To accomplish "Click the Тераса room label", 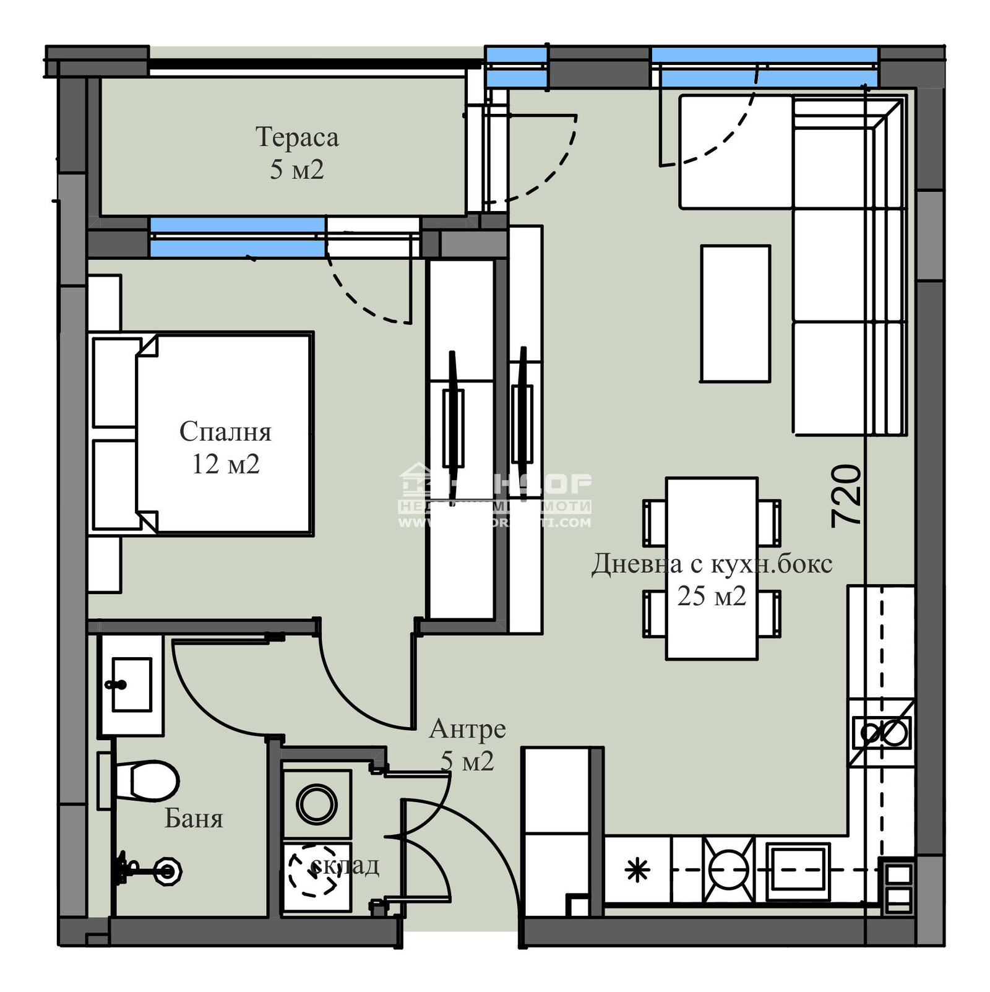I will [x=297, y=137].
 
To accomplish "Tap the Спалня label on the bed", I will [x=225, y=432].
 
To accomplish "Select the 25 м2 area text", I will [x=712, y=596].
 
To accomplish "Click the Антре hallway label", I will [x=467, y=729].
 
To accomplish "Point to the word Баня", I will [x=193, y=819].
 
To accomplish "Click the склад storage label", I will [x=345, y=865].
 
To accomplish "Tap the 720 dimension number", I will [x=846, y=496].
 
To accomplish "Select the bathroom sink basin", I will [x=132, y=684].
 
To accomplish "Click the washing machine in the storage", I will [x=317, y=804].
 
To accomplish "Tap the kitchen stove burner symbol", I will [x=729, y=869].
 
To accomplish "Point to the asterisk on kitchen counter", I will [x=637, y=871].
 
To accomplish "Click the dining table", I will [x=712, y=568].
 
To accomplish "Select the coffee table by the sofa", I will [x=735, y=314].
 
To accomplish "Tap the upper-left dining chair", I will [x=655, y=523].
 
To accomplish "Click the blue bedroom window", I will [x=238, y=237].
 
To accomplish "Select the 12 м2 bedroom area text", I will [x=225, y=464].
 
